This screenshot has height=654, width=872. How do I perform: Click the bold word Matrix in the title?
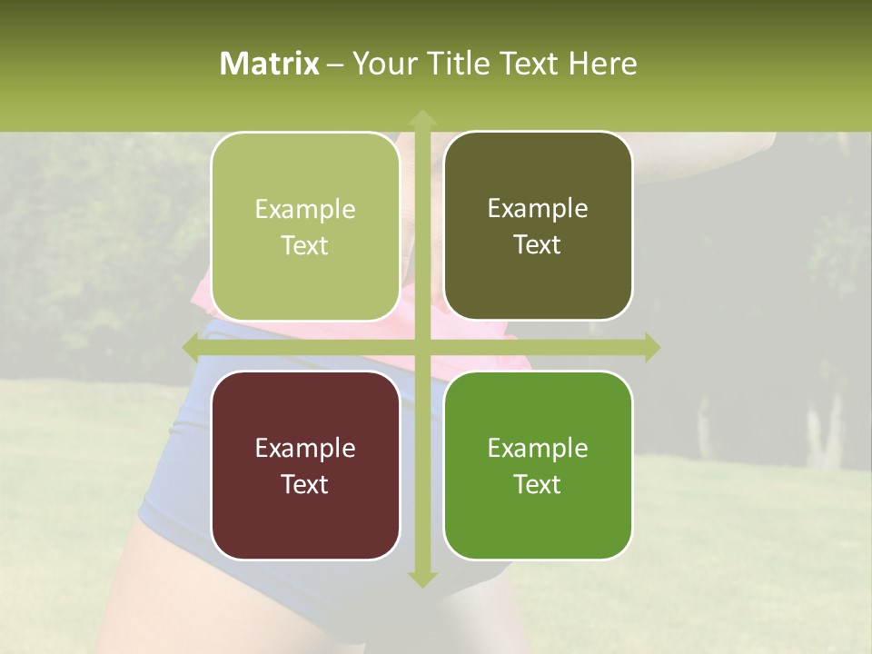coord(270,64)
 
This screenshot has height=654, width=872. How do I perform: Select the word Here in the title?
coord(603,64)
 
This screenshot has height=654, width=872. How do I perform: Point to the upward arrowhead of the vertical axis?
coord(421,118)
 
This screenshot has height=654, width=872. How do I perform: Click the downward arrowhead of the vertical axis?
coord(421,579)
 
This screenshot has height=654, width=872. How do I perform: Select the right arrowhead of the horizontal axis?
coord(650,347)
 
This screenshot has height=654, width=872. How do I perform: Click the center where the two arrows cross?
coord(421,347)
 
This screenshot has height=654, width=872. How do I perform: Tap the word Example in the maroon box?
coord(305,449)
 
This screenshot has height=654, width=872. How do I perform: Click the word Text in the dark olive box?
coord(538,245)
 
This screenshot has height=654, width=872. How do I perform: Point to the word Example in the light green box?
coord(305,210)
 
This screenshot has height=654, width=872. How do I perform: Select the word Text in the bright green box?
coord(538,484)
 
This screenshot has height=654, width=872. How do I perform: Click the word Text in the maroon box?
coord(305,484)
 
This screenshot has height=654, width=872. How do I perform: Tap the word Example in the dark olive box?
coord(538,209)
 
